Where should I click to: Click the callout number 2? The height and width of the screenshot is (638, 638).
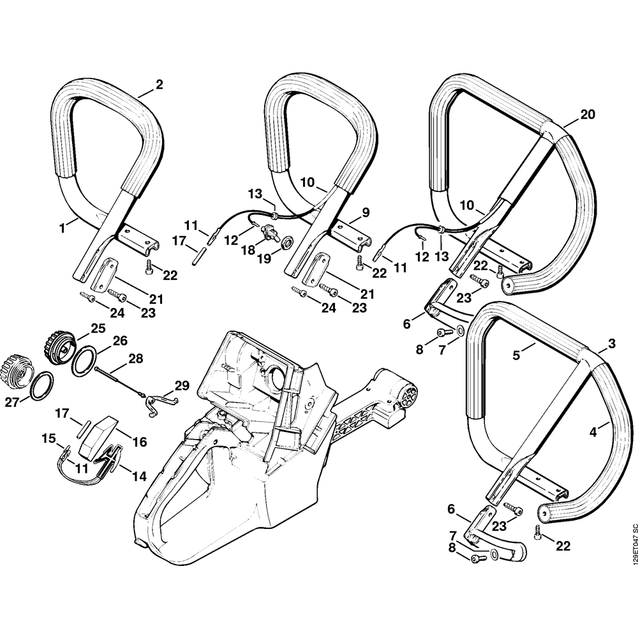tap(159, 84)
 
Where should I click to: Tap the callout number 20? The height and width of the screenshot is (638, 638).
tap(588, 114)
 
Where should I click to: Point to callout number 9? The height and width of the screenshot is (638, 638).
tap(366, 212)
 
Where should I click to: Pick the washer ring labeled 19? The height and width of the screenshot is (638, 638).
tap(286, 242)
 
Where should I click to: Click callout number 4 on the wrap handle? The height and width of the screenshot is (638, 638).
tap(593, 432)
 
